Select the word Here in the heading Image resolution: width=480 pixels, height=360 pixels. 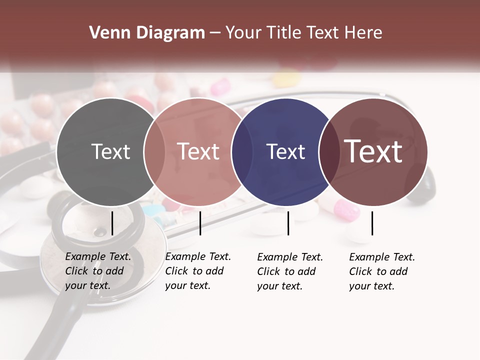pyautogui.click(x=365, y=33)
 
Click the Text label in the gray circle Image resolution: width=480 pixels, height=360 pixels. pyautogui.click(x=110, y=151)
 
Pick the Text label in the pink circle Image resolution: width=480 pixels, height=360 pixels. pyautogui.click(x=198, y=151)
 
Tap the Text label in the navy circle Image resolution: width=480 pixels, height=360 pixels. pyautogui.click(x=285, y=151)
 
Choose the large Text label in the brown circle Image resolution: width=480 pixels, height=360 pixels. pyautogui.click(x=373, y=151)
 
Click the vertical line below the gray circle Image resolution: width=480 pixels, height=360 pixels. pyautogui.click(x=112, y=223)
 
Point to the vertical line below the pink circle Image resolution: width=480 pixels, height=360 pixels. pyautogui.click(x=200, y=223)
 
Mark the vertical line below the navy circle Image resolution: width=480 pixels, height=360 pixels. pyautogui.click(x=288, y=223)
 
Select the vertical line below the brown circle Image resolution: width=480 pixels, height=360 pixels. pyautogui.click(x=372, y=223)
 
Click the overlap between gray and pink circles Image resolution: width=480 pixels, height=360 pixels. pyautogui.click(x=154, y=151)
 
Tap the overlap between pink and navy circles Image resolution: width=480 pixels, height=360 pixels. pyautogui.click(x=241, y=151)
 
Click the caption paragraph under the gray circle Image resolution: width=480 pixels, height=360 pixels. pyautogui.click(x=97, y=271)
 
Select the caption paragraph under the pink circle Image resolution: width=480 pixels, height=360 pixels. pyautogui.click(x=197, y=271)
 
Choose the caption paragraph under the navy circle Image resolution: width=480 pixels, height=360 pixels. pyautogui.click(x=289, y=271)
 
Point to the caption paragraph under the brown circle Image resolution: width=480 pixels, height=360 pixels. pyautogui.click(x=381, y=271)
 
